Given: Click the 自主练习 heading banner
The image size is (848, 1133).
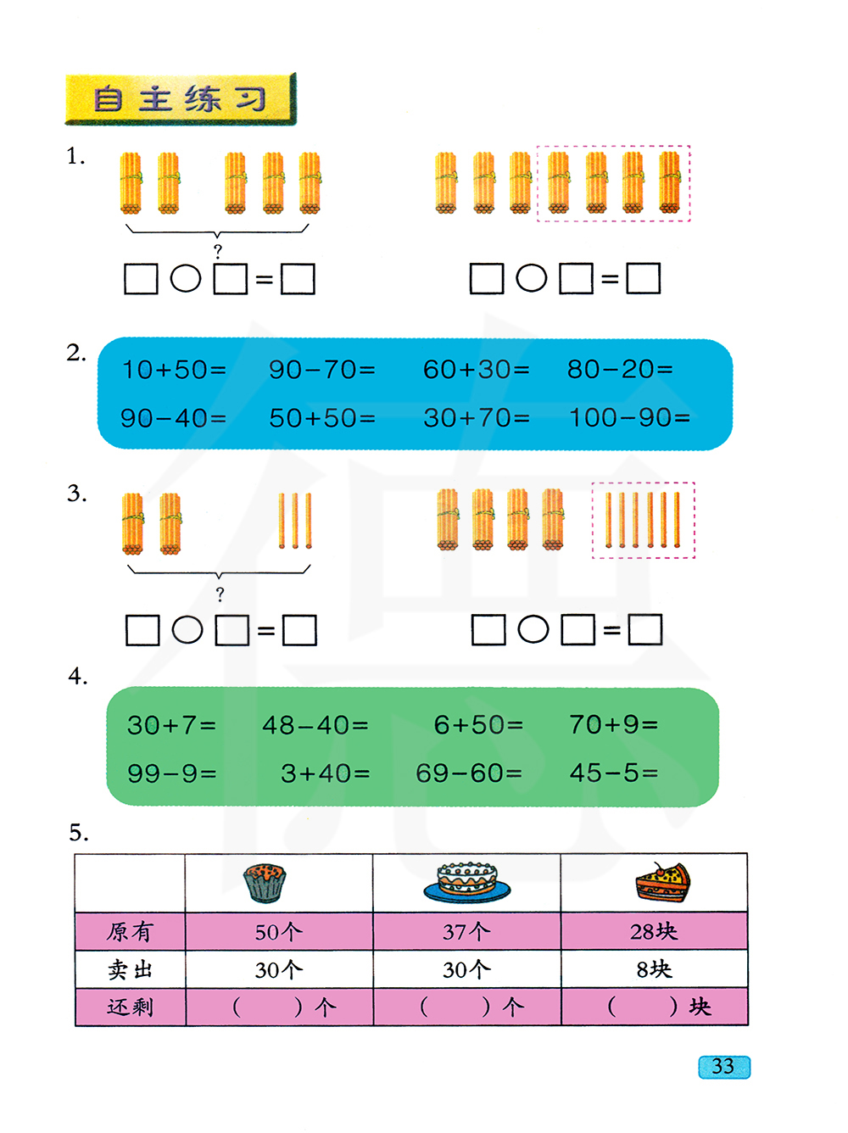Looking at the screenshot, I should coord(180,99).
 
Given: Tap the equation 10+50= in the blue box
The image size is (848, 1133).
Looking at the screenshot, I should coord(174,370).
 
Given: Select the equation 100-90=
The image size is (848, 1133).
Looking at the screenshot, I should coord(629,418).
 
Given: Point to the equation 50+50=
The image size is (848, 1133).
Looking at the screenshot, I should coord(322,418).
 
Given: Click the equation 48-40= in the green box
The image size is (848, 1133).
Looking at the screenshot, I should coord(315,725).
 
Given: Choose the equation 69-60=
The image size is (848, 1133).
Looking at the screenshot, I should coord(469,773).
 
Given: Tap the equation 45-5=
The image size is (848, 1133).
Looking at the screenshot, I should coord(614,773).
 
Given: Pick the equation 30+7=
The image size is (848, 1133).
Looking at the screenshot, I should coord(172,725).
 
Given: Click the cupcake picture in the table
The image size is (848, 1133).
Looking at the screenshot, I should coord(265,883).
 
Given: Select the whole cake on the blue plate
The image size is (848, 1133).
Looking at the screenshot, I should coord(467,882).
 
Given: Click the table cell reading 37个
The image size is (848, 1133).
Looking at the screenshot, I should coord(466,932).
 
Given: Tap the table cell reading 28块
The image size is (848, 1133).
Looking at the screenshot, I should coord(654,932).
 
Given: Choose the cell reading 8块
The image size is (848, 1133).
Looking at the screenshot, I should coord(654,969).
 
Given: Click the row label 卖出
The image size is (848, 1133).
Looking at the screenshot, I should coord(130,969).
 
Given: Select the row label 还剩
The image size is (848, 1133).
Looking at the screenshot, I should coord(130,1007).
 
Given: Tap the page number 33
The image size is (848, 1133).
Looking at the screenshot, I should coord(723,1067).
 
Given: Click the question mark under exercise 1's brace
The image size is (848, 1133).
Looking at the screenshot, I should coord(218,252).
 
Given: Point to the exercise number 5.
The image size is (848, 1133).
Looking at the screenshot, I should coord(78,833).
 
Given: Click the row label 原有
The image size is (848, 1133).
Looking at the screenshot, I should coord(130,932).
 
